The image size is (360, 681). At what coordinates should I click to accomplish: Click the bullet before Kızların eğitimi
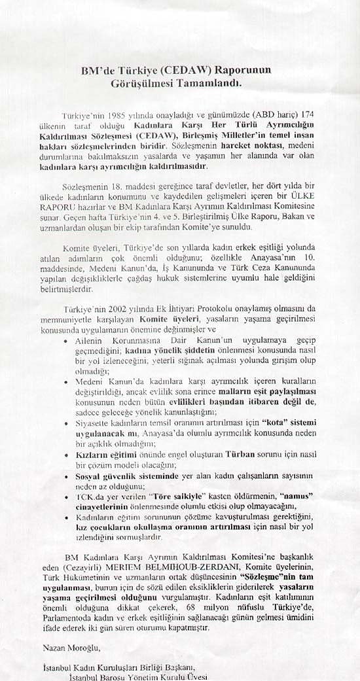68,453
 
